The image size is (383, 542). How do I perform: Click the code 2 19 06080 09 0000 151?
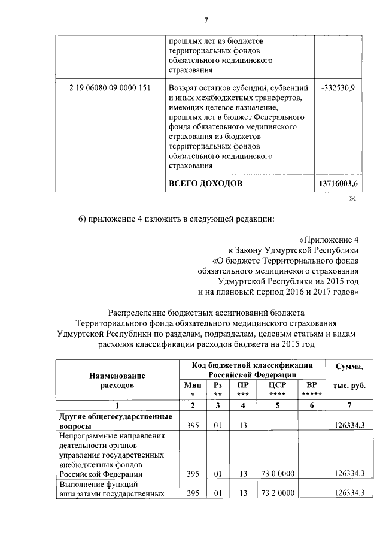pos(110,89)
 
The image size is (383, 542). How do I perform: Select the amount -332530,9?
pos(338,89)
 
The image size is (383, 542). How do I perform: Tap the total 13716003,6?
pos(337,183)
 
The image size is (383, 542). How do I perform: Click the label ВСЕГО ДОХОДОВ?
pos(205,183)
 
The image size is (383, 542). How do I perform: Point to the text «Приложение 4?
pos(329,240)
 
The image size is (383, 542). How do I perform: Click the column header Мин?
pos(193,386)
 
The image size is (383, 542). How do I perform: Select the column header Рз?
pos(218,386)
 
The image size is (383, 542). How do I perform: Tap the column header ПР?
pos(243,386)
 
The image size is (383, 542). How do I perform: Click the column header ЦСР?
pos(277,386)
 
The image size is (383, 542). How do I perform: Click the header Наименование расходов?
pos(117,380)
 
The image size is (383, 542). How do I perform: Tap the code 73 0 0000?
pos(277,473)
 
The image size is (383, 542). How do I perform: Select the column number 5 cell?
pos(277,405)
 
